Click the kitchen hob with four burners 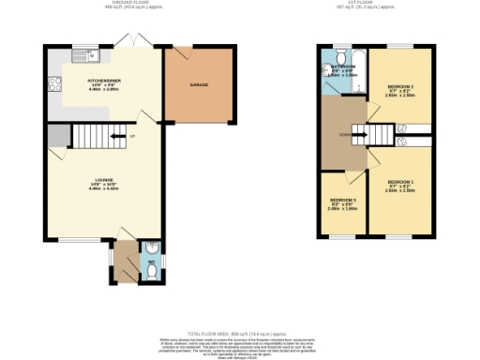tap(54, 83)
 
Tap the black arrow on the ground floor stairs tap(115, 138)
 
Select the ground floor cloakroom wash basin tap(151, 249)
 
